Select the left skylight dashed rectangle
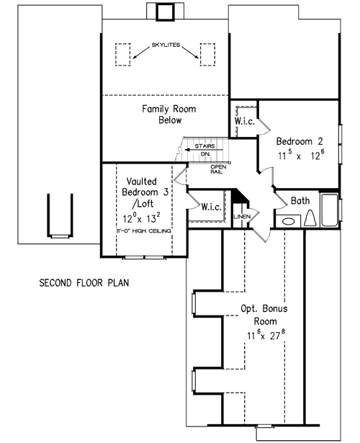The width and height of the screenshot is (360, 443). [x=123, y=54]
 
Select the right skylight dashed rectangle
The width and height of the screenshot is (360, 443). [x=207, y=54]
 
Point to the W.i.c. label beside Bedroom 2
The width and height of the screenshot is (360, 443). [x=243, y=122]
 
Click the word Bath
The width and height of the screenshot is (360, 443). [x=301, y=201]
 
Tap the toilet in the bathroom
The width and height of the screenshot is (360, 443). [x=311, y=218]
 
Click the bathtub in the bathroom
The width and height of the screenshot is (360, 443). [x=330, y=210]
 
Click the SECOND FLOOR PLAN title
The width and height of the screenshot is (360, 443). [x=84, y=282]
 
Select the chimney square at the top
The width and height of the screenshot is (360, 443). [x=166, y=9]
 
